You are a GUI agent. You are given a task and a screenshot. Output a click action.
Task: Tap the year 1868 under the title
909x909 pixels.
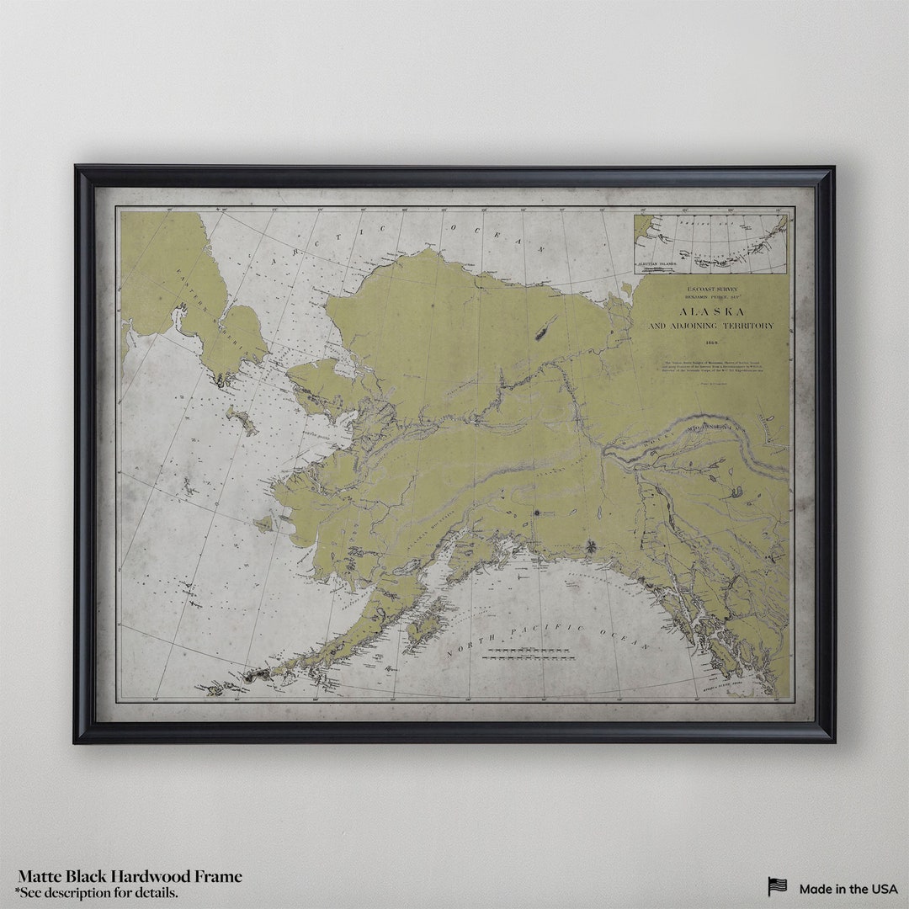(x=710, y=343)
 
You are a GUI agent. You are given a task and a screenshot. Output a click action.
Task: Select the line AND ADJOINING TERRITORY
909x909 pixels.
(x=710, y=326)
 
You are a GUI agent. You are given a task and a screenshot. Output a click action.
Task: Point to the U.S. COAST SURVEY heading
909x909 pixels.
(x=710, y=288)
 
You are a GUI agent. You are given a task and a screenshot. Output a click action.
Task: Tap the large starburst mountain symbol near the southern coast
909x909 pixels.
(x=591, y=547)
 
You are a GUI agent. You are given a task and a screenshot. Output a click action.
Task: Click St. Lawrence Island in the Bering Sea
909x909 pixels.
(x=242, y=419)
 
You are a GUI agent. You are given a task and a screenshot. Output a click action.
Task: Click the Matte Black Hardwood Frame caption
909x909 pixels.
(x=130, y=877)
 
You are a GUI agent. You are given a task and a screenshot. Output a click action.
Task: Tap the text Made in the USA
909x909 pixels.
(x=848, y=889)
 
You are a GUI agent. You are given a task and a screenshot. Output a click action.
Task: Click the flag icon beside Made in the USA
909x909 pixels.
(x=777, y=887)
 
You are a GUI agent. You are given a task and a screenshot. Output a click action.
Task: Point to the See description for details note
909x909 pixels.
(x=96, y=892)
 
